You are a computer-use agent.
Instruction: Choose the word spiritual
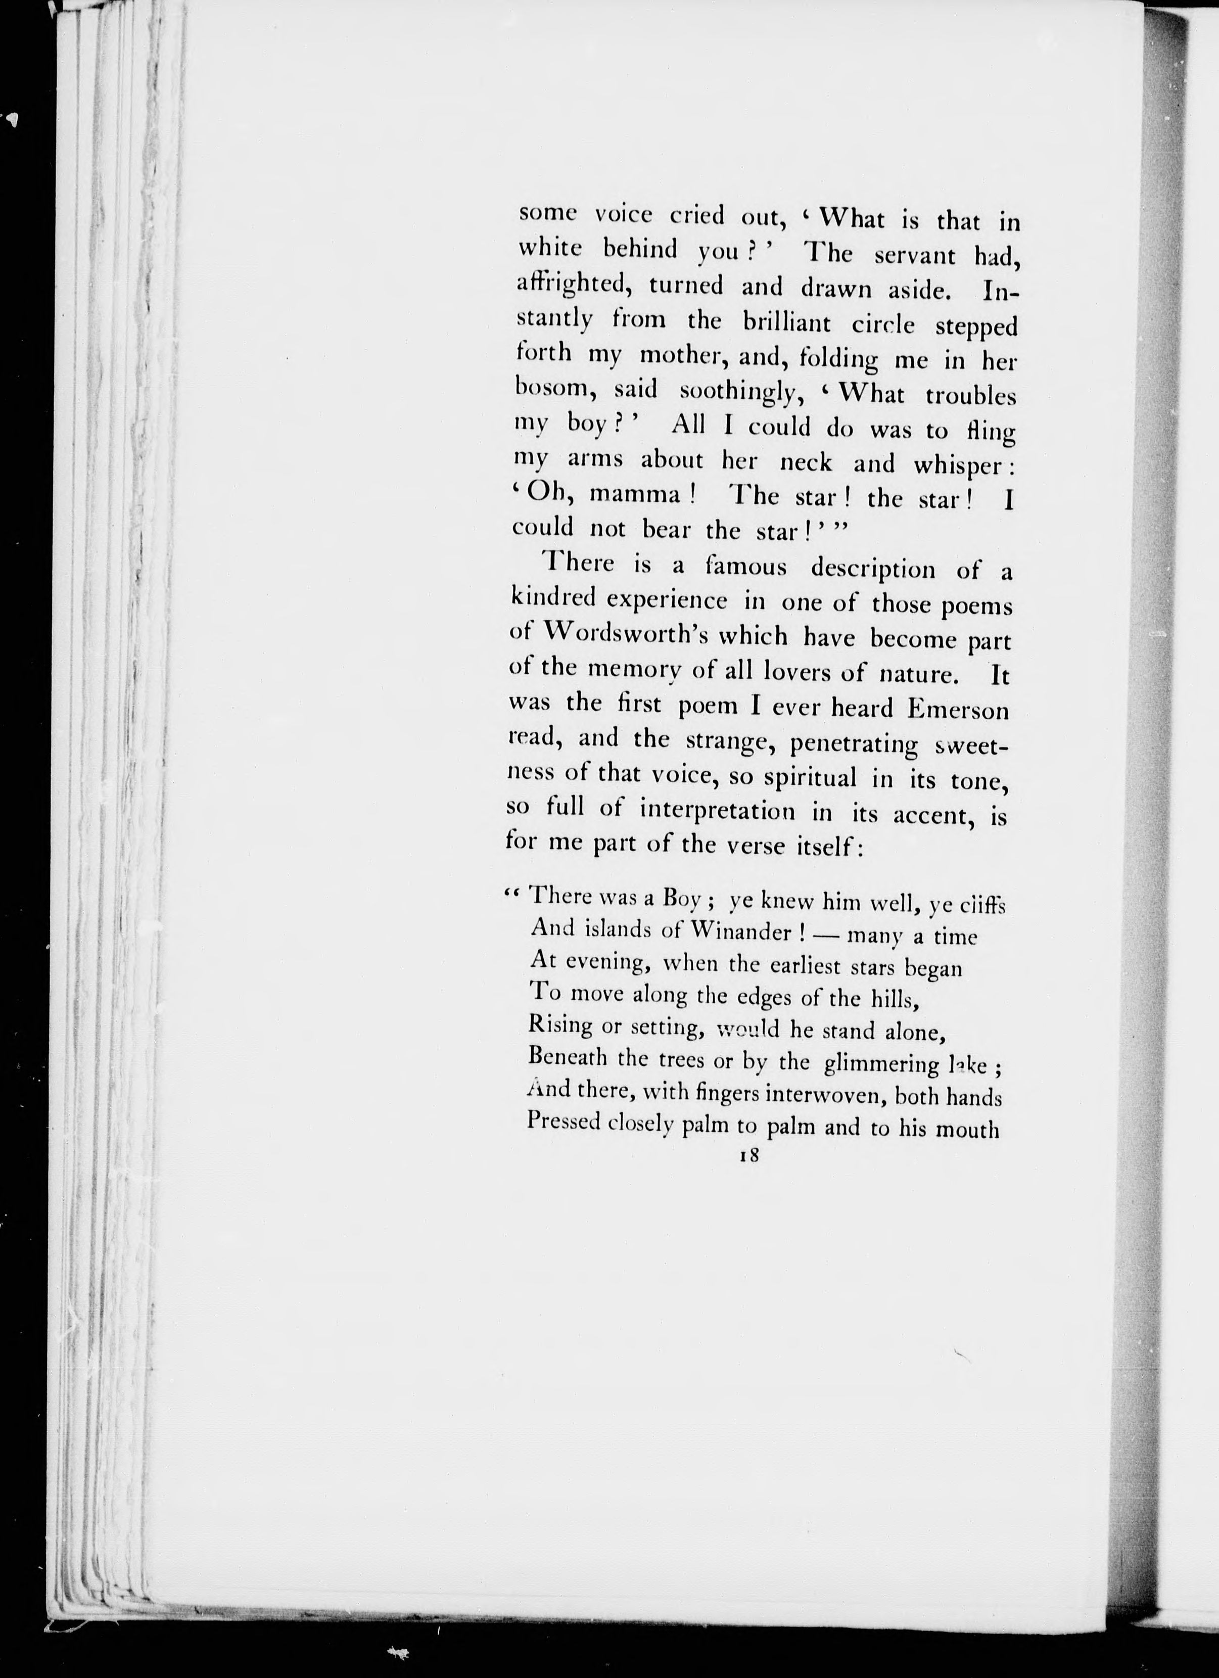pyautogui.click(x=810, y=778)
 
